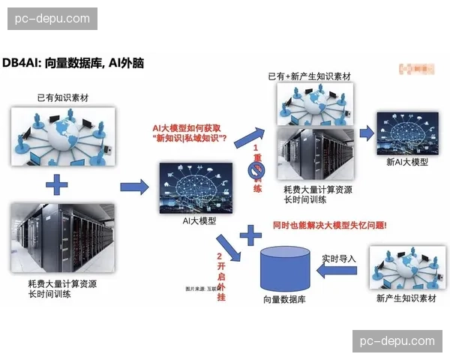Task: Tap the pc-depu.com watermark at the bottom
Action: [x=397, y=340]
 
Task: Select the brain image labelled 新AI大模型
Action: [x=406, y=133]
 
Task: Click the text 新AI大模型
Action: [x=407, y=162]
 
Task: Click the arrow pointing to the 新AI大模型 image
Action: [x=367, y=133]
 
